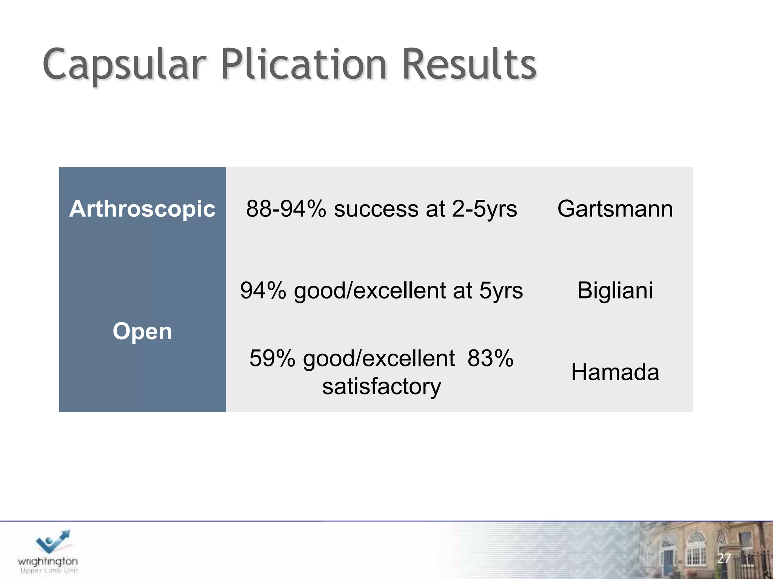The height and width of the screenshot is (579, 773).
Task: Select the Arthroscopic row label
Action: point(142,209)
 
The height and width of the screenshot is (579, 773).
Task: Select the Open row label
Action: point(142,332)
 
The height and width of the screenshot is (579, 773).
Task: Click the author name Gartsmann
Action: point(615,209)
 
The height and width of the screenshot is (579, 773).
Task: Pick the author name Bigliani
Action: point(615,291)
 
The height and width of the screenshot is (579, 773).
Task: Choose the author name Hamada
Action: point(615,372)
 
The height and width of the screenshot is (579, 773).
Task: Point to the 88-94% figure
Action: point(286,209)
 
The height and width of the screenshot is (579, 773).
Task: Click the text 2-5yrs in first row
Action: point(484,209)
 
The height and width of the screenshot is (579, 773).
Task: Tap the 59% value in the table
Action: point(272,358)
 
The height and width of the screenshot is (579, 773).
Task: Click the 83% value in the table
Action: point(490,358)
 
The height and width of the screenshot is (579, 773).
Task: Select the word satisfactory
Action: point(381,387)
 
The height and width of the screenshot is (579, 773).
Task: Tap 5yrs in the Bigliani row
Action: point(501,291)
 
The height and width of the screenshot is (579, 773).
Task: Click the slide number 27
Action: point(724,558)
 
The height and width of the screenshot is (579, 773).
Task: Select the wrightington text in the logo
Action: point(48,561)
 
